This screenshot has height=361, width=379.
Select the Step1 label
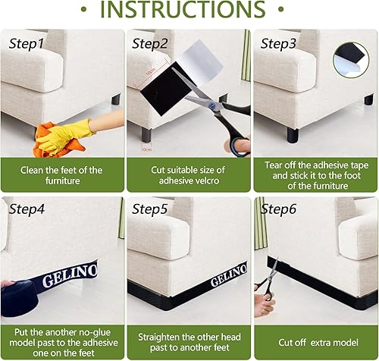coord(27,44)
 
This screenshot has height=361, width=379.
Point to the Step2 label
coord(152,44)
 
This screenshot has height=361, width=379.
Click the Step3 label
coord(278,44)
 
